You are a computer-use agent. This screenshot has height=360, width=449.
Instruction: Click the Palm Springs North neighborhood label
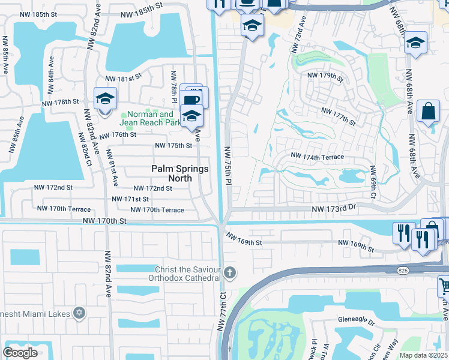point(180,173)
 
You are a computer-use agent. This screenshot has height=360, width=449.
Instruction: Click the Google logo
point(20,353)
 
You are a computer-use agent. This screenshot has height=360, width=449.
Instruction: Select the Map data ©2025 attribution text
point(424,355)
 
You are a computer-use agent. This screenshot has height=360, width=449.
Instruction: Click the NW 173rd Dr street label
point(334,208)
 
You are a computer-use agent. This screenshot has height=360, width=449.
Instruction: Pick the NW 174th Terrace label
point(317,157)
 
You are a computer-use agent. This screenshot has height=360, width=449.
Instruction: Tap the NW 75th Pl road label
point(228,164)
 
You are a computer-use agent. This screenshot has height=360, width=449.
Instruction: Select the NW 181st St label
point(123,78)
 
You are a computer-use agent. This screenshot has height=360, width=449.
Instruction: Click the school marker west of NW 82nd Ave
point(105,98)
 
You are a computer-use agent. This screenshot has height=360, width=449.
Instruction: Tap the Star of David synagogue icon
point(78,313)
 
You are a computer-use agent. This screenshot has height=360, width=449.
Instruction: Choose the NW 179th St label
point(325,76)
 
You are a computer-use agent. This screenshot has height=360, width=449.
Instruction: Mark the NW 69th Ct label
point(373,182)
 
